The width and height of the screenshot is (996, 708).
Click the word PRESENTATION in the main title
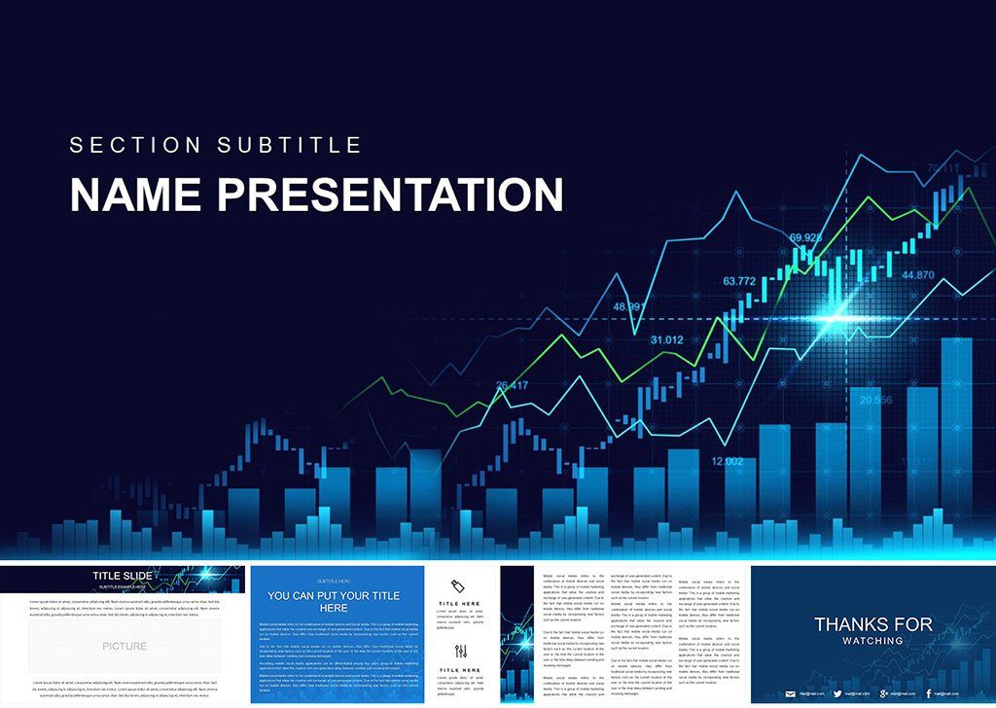point(389,195)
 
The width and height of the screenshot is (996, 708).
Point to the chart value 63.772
point(739,281)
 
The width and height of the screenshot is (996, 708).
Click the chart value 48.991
point(628,307)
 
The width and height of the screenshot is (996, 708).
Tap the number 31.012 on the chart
point(666,340)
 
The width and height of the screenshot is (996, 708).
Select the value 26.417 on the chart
point(512,386)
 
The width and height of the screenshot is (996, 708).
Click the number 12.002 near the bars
point(728,461)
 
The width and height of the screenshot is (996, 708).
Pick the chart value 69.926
point(805,237)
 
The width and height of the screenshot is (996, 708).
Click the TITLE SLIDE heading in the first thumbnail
point(121,576)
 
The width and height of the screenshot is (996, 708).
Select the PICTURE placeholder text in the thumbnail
point(124,646)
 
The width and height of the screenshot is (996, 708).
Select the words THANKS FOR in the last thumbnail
point(872,624)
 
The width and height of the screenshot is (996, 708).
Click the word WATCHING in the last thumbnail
point(872,641)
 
